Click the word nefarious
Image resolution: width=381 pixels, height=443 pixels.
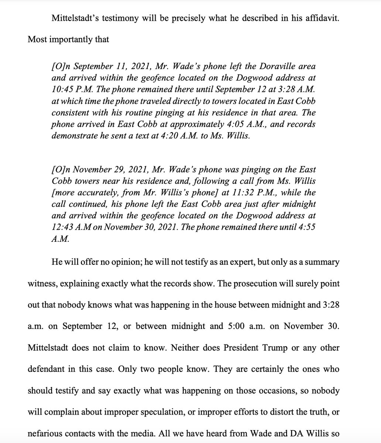pos(45,434)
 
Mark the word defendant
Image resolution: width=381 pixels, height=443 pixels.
pos(45,369)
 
